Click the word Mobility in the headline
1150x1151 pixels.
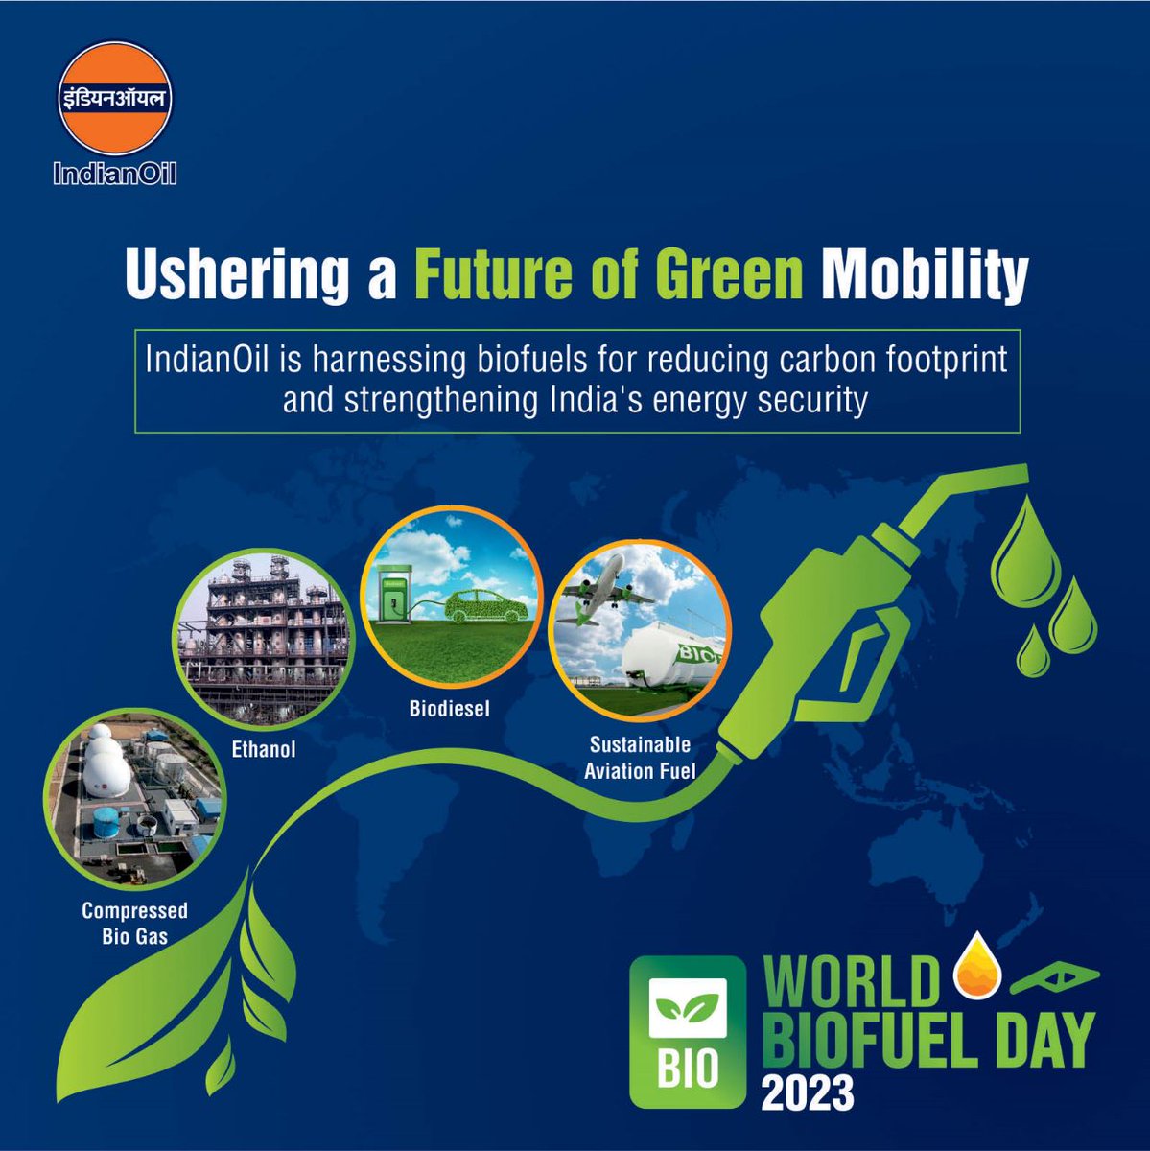(x=925, y=274)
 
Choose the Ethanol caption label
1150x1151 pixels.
(x=264, y=749)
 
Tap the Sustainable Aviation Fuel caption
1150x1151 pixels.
(x=640, y=757)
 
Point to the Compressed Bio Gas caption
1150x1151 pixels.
(x=134, y=923)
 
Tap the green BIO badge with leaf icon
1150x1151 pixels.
(x=687, y=1032)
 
